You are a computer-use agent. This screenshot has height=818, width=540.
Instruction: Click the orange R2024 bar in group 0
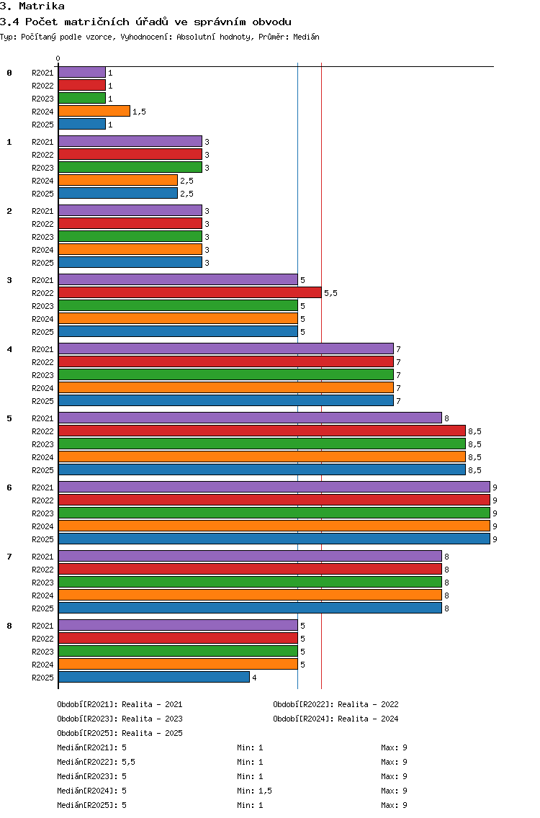[94, 111]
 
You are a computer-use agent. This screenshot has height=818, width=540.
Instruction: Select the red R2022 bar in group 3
[190, 292]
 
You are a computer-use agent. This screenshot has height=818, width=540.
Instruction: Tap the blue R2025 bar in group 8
[154, 677]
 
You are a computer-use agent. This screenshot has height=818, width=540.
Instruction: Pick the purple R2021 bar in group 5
[250, 418]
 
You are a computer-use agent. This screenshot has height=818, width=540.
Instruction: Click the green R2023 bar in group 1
[130, 168]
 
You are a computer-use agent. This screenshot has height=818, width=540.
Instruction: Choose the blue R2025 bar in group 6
[274, 539]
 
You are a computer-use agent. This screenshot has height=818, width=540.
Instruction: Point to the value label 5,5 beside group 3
[330, 293]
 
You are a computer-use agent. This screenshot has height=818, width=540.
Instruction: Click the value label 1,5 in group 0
[139, 112]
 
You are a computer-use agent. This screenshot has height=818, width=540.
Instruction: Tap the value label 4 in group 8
[255, 678]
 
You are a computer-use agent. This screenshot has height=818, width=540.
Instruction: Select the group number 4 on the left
[9, 349]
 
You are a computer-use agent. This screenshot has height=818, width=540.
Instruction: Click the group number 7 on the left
[9, 557]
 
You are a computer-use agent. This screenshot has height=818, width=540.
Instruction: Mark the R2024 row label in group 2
[42, 250]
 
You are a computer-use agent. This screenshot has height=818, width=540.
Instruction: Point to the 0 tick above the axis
[58, 58]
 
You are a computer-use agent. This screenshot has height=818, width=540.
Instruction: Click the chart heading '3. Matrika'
[32, 6]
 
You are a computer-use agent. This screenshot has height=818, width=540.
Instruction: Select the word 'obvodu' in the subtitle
[272, 22]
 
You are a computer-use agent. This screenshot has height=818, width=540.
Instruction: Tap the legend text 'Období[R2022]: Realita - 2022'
[336, 704]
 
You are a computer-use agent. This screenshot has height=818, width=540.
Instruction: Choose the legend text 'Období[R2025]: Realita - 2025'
[120, 733]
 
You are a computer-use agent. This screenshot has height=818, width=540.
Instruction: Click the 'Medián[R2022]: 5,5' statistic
[96, 762]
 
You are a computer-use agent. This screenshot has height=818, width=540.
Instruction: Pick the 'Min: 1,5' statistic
[254, 791]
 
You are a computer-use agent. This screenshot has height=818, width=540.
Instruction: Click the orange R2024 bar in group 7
[250, 595]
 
